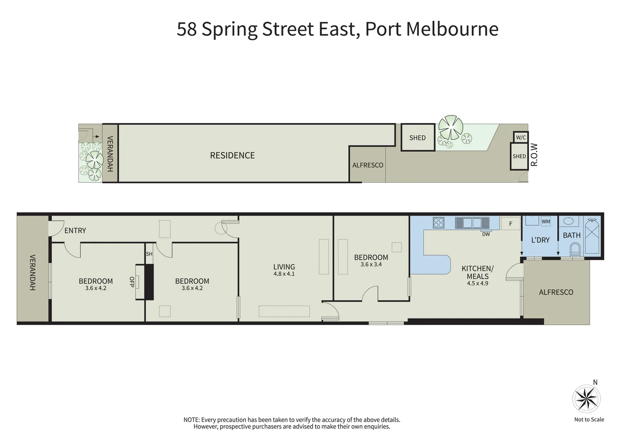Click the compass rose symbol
pyautogui.click(x=586, y=398)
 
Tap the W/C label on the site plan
pyautogui.click(x=521, y=137)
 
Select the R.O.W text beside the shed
pyautogui.click(x=534, y=155)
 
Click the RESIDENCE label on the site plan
pyautogui.click(x=232, y=155)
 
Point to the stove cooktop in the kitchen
pyautogui.click(x=438, y=223)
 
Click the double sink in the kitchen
pyautogui.click(x=472, y=223)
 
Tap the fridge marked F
pyautogui.click(x=510, y=224)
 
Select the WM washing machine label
pyautogui.click(x=546, y=222)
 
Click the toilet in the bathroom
pyautogui.click(x=575, y=248)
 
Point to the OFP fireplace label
pyautogui.click(x=131, y=282)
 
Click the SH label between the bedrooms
pyautogui.click(x=149, y=254)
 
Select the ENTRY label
pyautogui.click(x=75, y=230)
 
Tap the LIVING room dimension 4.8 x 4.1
pyautogui.click(x=284, y=274)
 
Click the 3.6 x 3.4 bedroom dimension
pyautogui.click(x=371, y=265)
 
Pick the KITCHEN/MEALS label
pyautogui.click(x=477, y=272)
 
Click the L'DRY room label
pyautogui.click(x=540, y=240)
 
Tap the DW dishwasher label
pyautogui.click(x=486, y=234)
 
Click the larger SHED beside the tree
pyautogui.click(x=418, y=138)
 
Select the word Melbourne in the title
pyautogui.click(x=452, y=29)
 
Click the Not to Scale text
pyautogui.click(x=589, y=419)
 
